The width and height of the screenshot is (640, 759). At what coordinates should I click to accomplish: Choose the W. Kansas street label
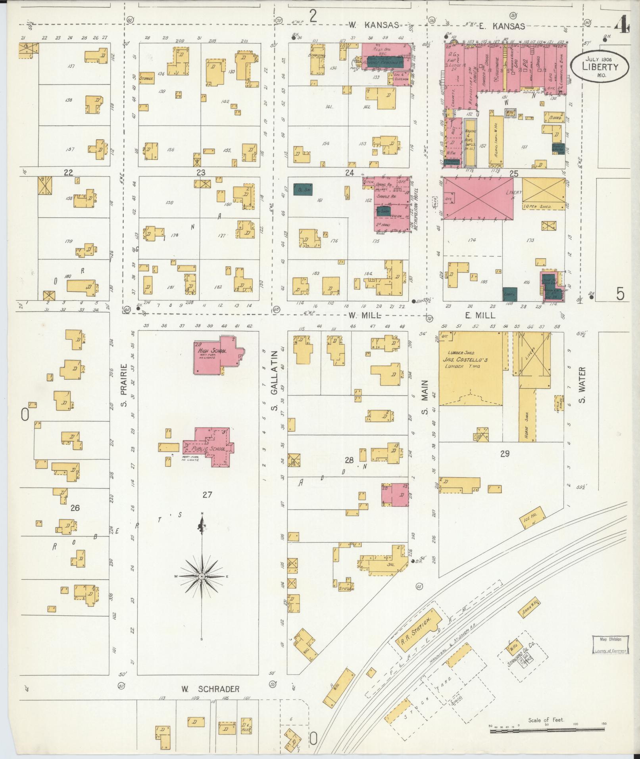click(x=373, y=25)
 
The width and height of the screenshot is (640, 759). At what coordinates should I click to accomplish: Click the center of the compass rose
click(x=202, y=576)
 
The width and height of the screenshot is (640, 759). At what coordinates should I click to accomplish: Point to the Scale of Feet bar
click(x=548, y=729)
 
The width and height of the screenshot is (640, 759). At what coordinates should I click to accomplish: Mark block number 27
click(x=207, y=495)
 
